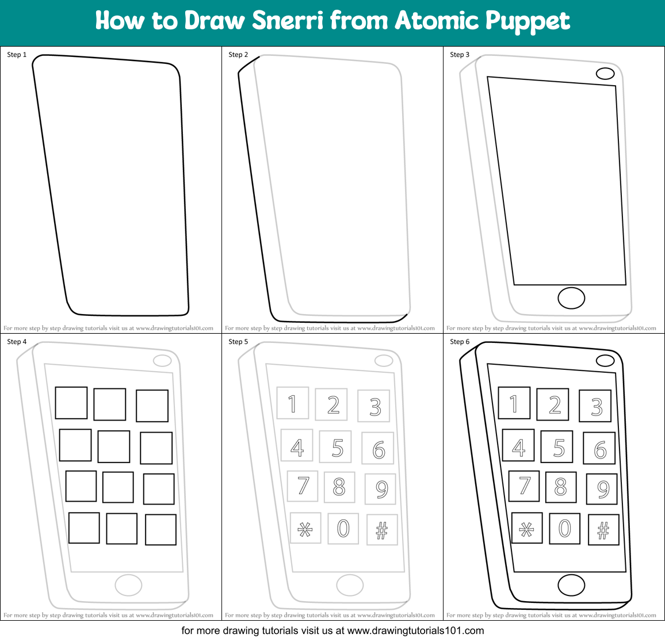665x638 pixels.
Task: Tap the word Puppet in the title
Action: point(528,22)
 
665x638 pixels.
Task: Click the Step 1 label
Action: point(17,55)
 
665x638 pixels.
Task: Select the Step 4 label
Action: point(17,342)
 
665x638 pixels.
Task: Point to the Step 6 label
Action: point(460,342)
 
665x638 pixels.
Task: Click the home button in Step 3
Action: point(571,298)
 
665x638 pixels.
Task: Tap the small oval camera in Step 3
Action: point(605,74)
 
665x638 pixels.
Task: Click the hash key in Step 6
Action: point(603,530)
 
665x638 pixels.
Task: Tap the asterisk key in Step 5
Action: point(305,528)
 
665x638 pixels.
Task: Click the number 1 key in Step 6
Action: point(514,403)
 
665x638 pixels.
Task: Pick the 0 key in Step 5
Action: point(343,528)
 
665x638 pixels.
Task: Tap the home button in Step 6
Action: point(571,585)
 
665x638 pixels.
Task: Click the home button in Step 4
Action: point(128,585)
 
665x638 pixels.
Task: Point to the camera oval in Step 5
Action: point(384,361)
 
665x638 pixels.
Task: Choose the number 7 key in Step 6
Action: point(524,486)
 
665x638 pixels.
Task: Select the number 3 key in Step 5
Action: point(374,406)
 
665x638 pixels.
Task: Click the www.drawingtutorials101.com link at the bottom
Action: point(415,631)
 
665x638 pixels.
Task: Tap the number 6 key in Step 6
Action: point(599,448)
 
